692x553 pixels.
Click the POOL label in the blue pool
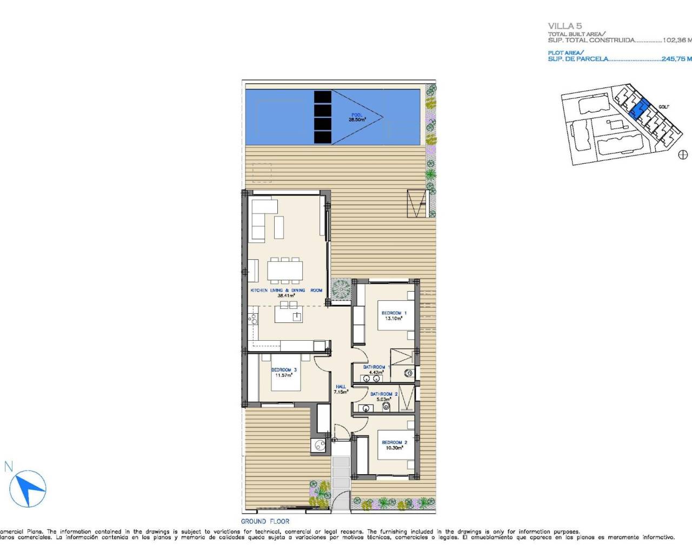357,115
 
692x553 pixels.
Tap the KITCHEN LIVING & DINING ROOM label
286,291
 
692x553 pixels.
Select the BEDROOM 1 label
394,313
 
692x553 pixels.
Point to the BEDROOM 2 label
394,442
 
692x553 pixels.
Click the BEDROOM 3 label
284,370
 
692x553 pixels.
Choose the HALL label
341,387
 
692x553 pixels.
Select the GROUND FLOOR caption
265,521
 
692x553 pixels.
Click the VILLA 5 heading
564,26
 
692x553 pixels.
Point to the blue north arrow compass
30,489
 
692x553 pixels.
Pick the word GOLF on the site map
663,107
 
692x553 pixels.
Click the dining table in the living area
285,269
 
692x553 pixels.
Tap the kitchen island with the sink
288,314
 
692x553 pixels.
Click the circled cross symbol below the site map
682,155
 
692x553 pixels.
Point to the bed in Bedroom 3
280,373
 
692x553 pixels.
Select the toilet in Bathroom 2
386,406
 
